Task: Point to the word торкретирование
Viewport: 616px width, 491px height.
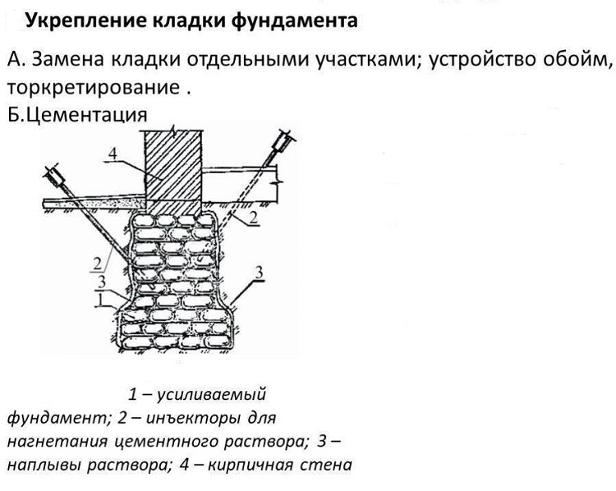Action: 93,88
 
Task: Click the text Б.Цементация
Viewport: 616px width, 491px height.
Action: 77,115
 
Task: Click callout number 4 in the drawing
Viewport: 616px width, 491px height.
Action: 113,154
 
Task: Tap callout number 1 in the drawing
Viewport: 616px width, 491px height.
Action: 100,300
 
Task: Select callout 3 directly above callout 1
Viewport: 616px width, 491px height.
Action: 102,282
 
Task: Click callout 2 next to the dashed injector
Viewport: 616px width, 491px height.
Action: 254,217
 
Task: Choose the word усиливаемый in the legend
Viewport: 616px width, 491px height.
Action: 211,394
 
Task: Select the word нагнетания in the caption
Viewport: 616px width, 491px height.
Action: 57,442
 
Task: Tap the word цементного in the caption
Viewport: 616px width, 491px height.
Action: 166,442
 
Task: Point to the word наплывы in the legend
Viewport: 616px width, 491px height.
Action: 44,465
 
